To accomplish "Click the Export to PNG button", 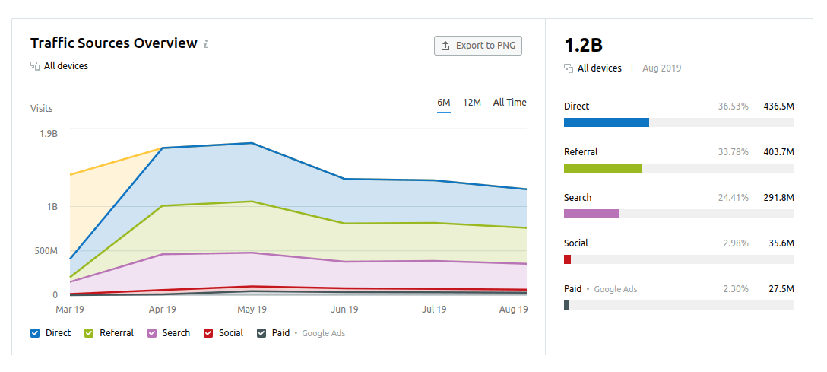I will tap(478, 46).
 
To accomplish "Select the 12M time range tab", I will tap(472, 103).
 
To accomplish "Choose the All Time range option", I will tap(509, 103).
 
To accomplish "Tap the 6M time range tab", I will tap(444, 103).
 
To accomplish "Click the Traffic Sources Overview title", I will tap(113, 43).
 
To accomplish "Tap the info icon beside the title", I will tap(205, 44).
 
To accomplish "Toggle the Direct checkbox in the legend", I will tap(35, 333).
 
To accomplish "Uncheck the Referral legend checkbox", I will tap(89, 333).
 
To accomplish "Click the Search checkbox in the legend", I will tap(152, 333).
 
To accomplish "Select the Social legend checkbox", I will tap(208, 333).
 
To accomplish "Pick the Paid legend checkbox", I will tap(261, 333).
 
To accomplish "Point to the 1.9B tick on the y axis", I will tap(48, 134).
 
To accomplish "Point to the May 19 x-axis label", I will tap(252, 310).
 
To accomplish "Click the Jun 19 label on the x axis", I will tap(344, 310).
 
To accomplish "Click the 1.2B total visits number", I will tap(584, 45).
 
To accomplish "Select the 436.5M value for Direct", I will tap(778, 107).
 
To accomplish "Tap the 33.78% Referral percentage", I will tap(733, 152).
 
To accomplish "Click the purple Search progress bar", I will tap(591, 214).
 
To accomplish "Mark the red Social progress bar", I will tap(567, 259).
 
